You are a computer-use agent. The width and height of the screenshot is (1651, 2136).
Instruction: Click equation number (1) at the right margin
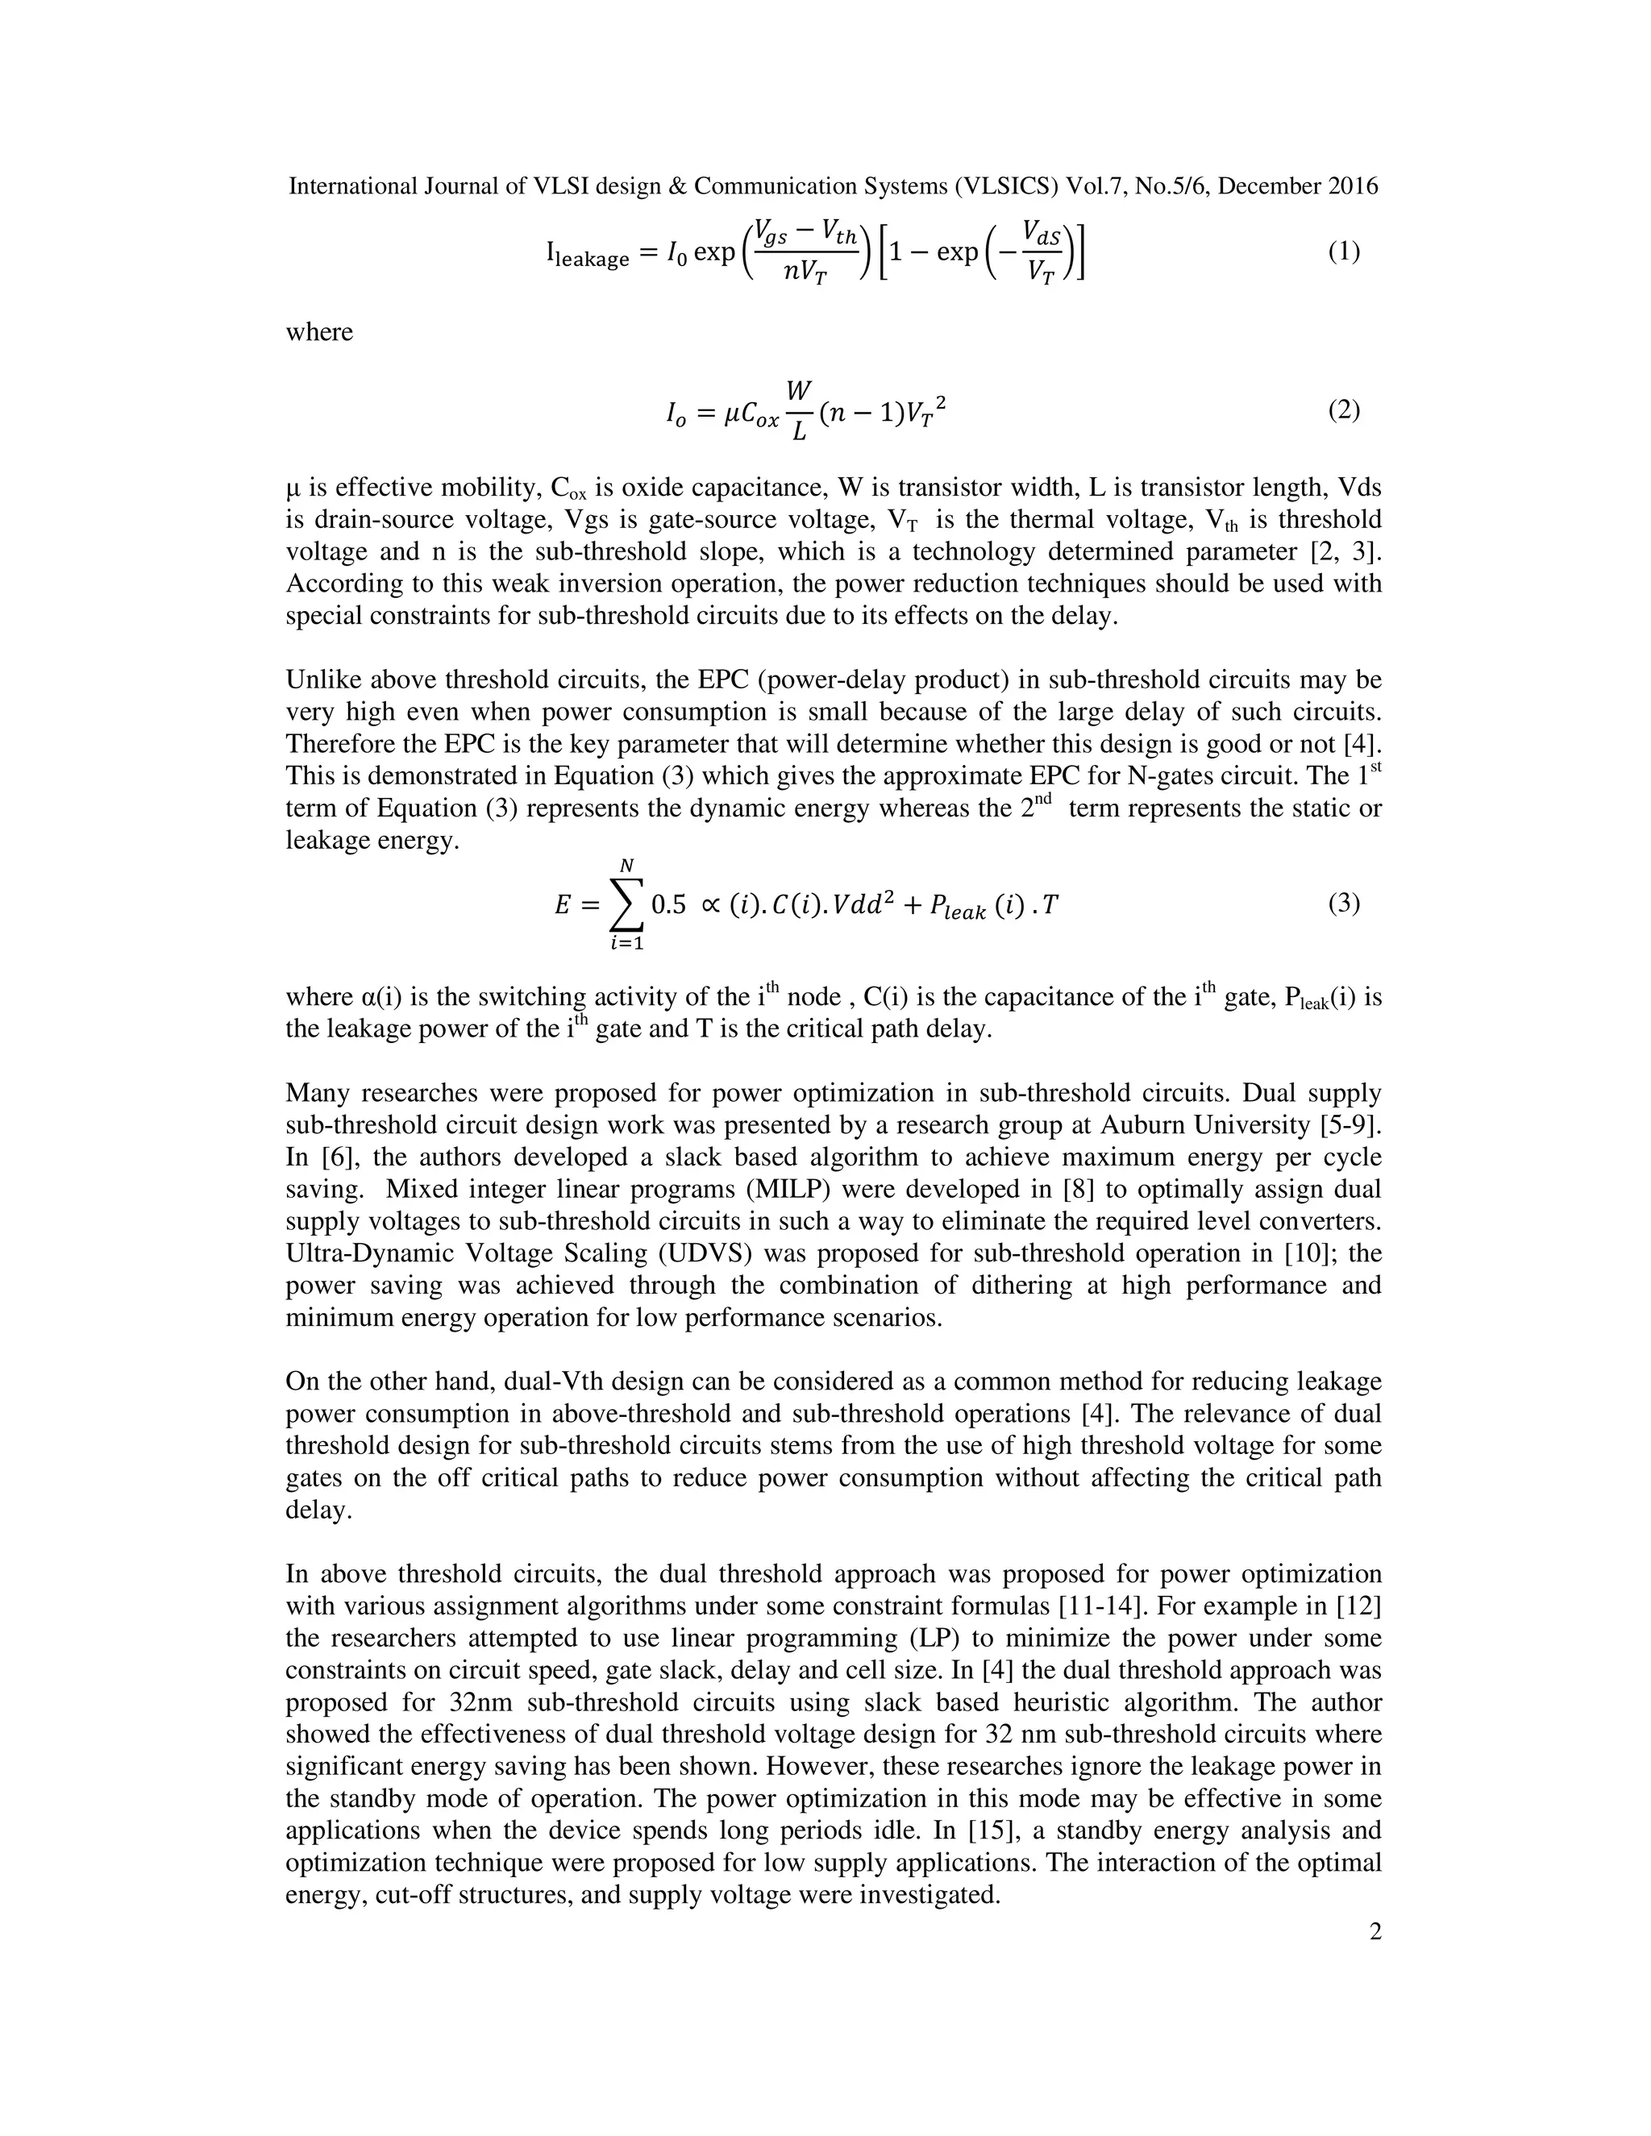pyautogui.click(x=1343, y=251)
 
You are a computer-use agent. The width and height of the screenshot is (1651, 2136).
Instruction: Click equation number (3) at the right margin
pyautogui.click(x=1343, y=903)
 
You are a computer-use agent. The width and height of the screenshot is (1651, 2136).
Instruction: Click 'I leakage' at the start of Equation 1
pyautogui.click(x=587, y=256)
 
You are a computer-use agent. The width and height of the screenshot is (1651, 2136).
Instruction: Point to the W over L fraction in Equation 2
pyautogui.click(x=798, y=411)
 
